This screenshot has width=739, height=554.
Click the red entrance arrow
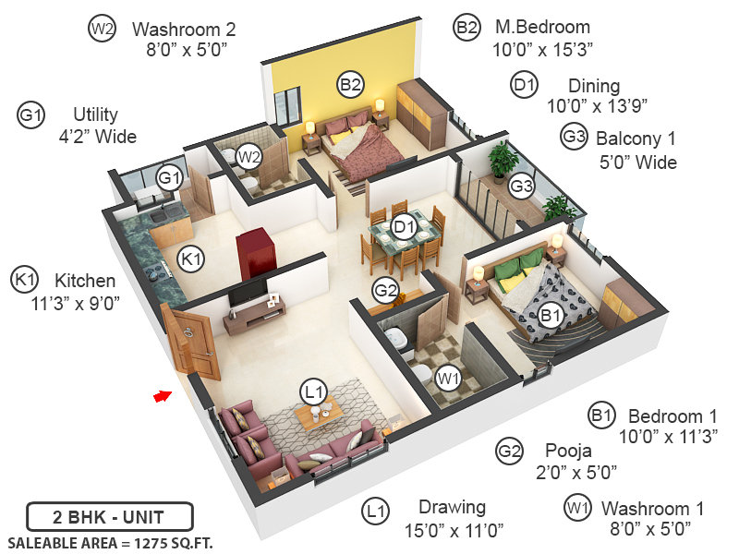click(x=163, y=396)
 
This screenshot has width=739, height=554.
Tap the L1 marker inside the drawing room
click(x=314, y=392)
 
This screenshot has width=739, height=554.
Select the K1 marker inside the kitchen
click(x=190, y=259)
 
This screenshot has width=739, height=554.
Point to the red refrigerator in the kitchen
click(x=254, y=251)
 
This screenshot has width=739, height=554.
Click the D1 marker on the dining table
click(x=404, y=226)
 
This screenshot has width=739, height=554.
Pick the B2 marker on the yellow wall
click(x=349, y=86)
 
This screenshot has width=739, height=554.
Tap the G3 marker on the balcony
click(x=522, y=186)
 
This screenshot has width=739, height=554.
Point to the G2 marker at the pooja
click(x=385, y=290)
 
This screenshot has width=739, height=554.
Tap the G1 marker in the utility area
click(x=168, y=177)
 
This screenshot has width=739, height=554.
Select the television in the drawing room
click(x=248, y=295)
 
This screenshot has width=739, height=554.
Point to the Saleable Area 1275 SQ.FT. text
click(x=110, y=542)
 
